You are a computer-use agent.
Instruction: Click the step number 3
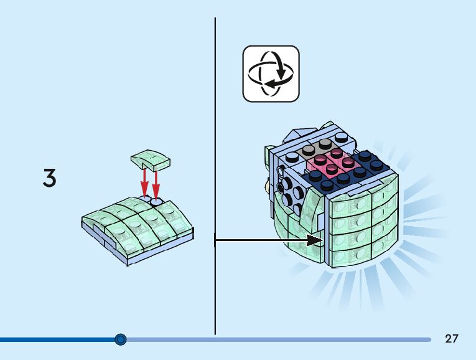50,178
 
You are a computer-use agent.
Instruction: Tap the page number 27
452,339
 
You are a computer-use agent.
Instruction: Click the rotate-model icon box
271,73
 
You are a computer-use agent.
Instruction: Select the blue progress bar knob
121,339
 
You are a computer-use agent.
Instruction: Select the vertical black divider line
215,174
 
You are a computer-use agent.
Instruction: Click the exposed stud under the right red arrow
156,202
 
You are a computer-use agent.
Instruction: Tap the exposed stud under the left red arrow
144,200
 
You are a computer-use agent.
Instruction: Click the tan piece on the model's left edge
268,185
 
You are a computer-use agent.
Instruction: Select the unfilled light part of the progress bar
280,339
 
